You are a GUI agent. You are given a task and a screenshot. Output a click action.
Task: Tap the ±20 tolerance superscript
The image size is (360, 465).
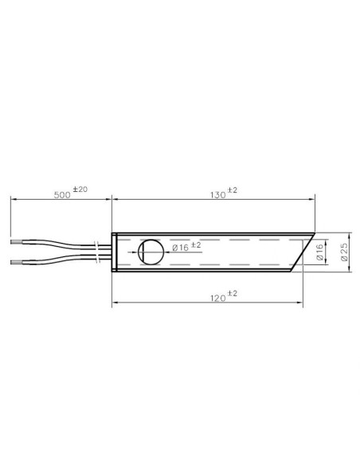pyautogui.click(x=80, y=190)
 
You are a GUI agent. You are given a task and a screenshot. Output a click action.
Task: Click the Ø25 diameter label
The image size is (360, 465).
pyautogui.click(x=344, y=252)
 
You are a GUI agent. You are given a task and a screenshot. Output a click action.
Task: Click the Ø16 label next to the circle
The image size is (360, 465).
pyautogui.click(x=181, y=248)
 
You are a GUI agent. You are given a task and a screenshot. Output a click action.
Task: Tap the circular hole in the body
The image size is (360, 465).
pyautogui.click(x=151, y=252)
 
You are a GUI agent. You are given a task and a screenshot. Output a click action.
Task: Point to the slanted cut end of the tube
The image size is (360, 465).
pyautogui.click(x=303, y=252)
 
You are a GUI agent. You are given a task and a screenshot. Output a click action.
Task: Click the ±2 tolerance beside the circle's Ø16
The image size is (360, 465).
pyautogui.click(x=198, y=243)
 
